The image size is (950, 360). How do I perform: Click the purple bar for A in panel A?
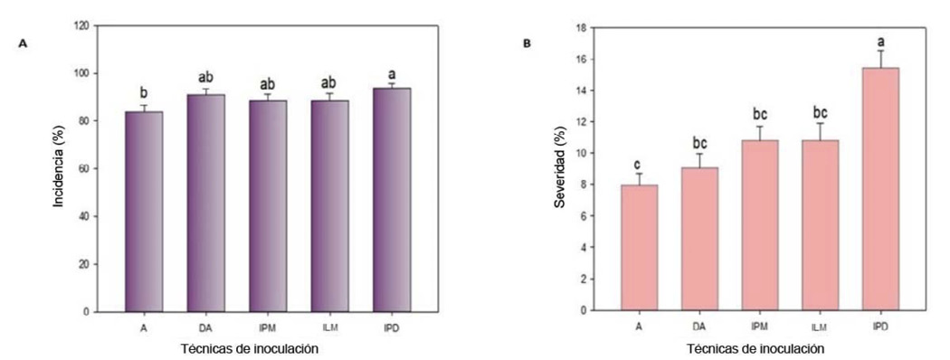coord(144,212)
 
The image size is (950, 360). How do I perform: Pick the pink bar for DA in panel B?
coord(699,239)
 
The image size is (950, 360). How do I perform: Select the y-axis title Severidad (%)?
coord(560,168)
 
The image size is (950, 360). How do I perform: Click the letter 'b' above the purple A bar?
coord(144,92)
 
